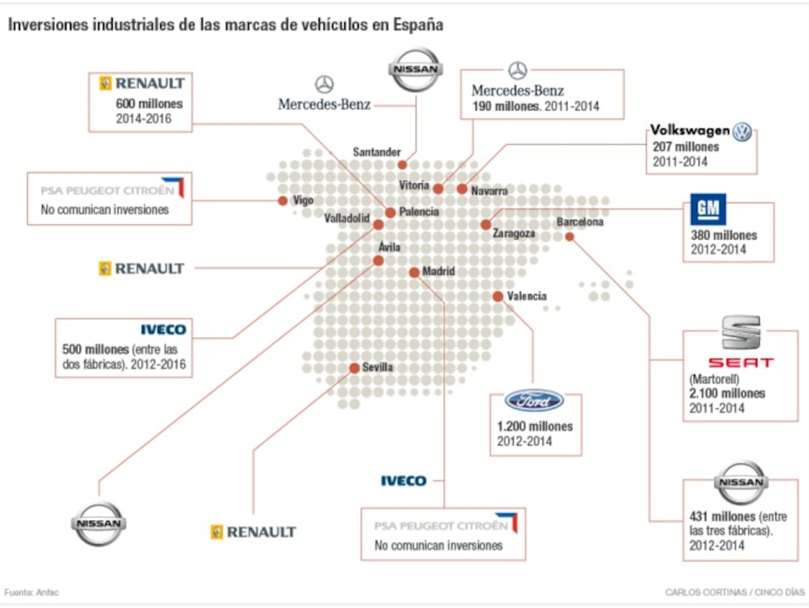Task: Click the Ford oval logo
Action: [x=535, y=400]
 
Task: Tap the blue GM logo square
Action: [x=708, y=210]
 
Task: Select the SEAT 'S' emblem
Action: [x=741, y=333]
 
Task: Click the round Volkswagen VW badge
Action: [x=742, y=131]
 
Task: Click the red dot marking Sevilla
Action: [x=354, y=368]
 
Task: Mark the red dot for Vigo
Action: [x=283, y=201]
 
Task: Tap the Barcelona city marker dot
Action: [x=570, y=237]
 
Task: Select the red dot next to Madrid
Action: [x=414, y=272]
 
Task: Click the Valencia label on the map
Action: [x=527, y=296]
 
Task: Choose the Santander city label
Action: [x=377, y=152]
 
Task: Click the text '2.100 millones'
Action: [x=727, y=394]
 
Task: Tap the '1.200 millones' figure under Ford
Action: [x=535, y=427]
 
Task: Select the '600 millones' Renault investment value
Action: [x=149, y=104]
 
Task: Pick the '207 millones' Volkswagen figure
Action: [x=686, y=147]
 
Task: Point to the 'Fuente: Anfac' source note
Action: [x=32, y=592]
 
